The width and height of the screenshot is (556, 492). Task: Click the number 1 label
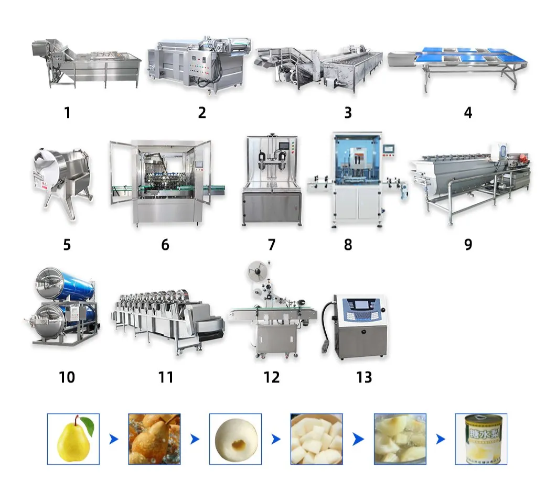[67, 112]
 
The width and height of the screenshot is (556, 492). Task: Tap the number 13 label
[364, 377]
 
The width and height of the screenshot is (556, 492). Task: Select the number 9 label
[468, 244]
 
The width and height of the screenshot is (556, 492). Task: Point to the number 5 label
[67, 244]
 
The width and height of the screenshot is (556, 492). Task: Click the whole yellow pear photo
[73, 439]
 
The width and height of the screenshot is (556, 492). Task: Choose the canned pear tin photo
[480, 439]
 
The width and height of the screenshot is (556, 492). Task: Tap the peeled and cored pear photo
[236, 439]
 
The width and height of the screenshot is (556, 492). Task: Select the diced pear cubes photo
[316, 439]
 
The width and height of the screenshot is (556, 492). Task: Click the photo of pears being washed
[154, 439]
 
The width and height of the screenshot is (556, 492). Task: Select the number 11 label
[166, 377]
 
